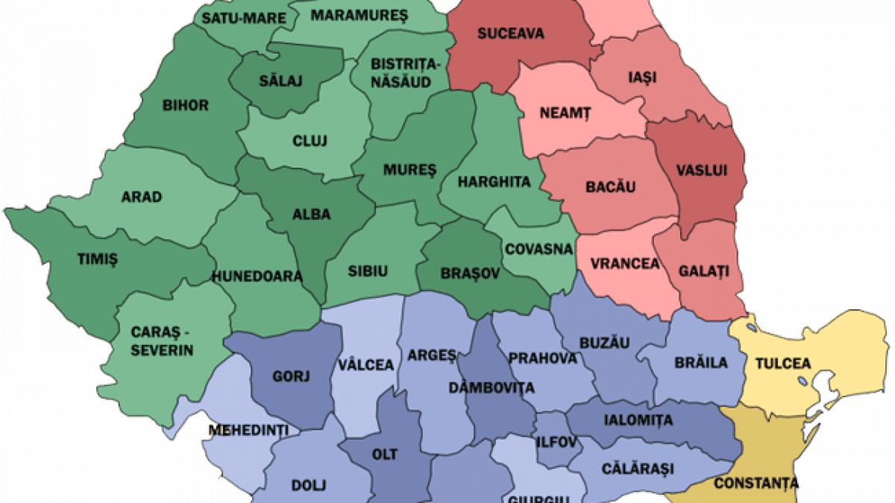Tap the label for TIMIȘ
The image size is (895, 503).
pyautogui.click(x=98, y=258)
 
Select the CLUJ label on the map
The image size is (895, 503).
pyautogui.click(x=305, y=140)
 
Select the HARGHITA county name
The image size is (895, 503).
pyautogui.click(x=494, y=181)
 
